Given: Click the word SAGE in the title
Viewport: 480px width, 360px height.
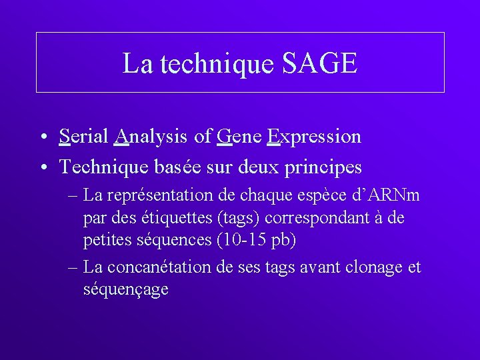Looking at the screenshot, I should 320,63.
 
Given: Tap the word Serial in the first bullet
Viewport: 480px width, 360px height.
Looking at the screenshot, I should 83,137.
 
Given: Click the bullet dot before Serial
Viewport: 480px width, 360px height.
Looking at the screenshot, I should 43,138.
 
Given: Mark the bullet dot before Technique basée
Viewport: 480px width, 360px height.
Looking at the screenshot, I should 43,167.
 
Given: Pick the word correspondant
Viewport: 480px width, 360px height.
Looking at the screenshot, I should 329,218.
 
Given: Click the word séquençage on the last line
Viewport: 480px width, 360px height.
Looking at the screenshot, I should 126,290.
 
